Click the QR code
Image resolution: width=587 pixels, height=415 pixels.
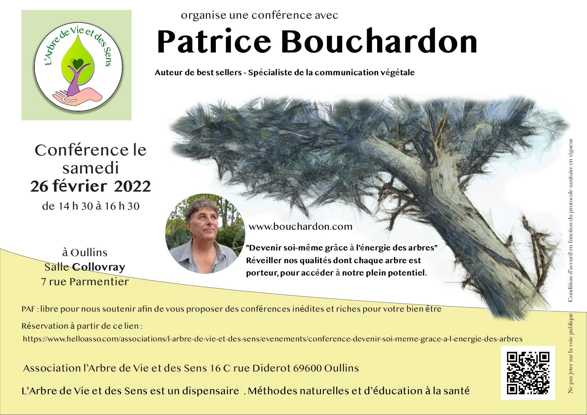click(528, 373)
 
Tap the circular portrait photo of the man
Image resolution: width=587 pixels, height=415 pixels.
click(205, 233)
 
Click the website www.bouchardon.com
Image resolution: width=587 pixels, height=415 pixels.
click(301, 227)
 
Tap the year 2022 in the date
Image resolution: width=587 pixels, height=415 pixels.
click(133, 187)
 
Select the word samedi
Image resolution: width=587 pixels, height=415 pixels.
click(91, 168)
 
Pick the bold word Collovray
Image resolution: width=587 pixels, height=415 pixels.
click(99, 267)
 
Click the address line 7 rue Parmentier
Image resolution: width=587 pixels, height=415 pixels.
click(85, 282)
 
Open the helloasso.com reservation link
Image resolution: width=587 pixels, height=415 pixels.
click(272, 339)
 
